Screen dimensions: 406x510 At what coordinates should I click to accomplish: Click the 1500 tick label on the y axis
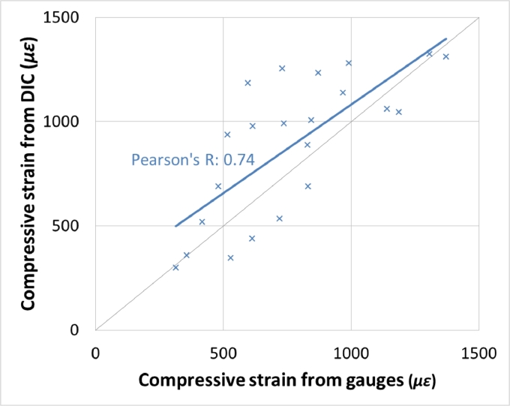point(67,17)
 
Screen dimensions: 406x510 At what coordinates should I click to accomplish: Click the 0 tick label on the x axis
point(95,351)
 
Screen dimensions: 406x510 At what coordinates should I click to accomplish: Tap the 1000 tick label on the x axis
point(350,351)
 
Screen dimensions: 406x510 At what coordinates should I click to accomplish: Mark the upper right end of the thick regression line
point(446,38)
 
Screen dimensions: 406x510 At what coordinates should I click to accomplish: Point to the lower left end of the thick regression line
point(175,226)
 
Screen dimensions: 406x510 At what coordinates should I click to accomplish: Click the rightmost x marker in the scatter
point(445,57)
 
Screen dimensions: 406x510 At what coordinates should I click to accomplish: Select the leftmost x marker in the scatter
point(175,267)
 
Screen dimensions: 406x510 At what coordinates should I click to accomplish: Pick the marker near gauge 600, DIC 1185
point(247,83)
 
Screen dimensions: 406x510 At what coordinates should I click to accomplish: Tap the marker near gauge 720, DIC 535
point(279,218)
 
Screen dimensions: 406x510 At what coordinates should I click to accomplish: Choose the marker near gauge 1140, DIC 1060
point(387,109)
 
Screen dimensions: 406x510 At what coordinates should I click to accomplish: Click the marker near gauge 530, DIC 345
point(230,258)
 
